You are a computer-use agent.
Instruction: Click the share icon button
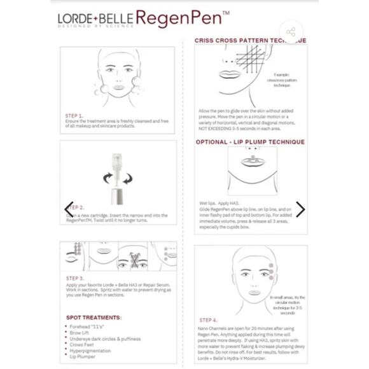tap(291, 32)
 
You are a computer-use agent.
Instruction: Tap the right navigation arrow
tap(300, 209)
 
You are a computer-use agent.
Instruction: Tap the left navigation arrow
tap(69, 209)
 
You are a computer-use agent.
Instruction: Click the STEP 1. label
tap(74, 116)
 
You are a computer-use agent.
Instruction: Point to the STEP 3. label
tap(75, 279)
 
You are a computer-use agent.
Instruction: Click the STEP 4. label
tap(208, 320)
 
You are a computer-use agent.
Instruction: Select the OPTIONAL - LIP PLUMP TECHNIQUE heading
tap(250, 142)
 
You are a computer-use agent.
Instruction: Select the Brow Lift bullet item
tap(80, 332)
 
